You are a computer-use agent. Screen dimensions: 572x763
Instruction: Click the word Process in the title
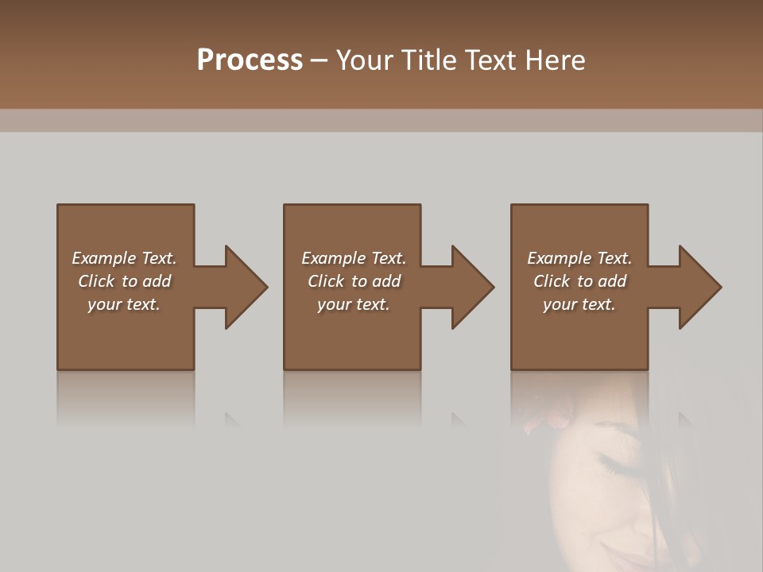(x=250, y=60)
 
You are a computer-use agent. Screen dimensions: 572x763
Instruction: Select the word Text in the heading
(x=491, y=60)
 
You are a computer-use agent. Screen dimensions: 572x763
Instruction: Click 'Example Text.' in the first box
(x=124, y=258)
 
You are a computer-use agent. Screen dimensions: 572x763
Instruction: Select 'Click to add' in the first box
(x=124, y=281)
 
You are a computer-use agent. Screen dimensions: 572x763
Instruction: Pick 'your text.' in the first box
(x=124, y=304)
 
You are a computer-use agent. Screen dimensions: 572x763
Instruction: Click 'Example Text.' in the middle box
(x=353, y=258)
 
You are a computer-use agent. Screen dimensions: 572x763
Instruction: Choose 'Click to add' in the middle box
(x=353, y=281)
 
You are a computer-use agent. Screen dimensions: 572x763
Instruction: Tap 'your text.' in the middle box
(x=353, y=304)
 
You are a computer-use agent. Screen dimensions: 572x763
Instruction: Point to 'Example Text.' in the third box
(x=579, y=258)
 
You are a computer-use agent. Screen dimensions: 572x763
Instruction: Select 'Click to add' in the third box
(x=579, y=281)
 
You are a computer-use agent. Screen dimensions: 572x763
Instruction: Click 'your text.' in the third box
(x=579, y=304)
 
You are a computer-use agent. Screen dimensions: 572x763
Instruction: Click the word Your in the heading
(x=363, y=60)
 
